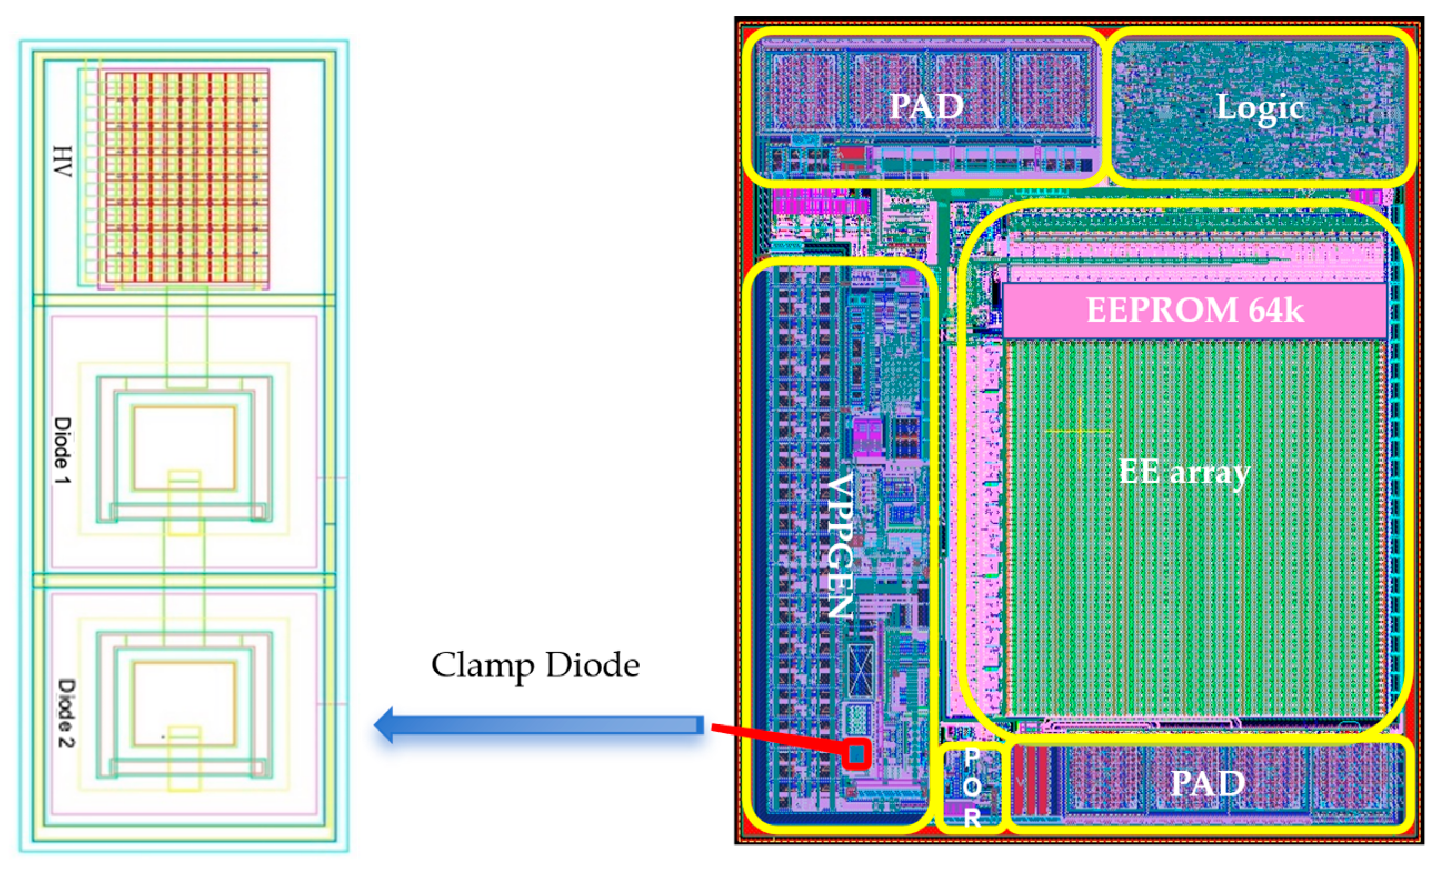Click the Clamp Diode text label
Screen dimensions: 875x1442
pos(535,665)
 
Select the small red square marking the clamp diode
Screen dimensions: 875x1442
pos(857,754)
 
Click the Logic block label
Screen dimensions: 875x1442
pos(1259,108)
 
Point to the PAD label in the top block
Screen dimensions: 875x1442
pos(926,107)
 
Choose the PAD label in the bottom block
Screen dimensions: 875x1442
pos(1208,783)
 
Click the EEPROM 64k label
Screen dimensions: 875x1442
pos(1195,309)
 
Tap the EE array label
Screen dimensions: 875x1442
pos(1184,472)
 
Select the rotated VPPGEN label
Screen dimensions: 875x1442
pos(840,544)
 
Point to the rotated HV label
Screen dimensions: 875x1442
pos(62,162)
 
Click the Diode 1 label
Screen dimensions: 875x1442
pos(62,450)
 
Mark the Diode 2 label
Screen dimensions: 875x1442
pos(66,712)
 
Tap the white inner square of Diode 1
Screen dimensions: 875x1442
pos(184,448)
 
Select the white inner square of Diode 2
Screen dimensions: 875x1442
pos(184,703)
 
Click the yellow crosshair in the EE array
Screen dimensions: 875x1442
pos(1080,431)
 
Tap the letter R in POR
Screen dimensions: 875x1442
pos(971,817)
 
